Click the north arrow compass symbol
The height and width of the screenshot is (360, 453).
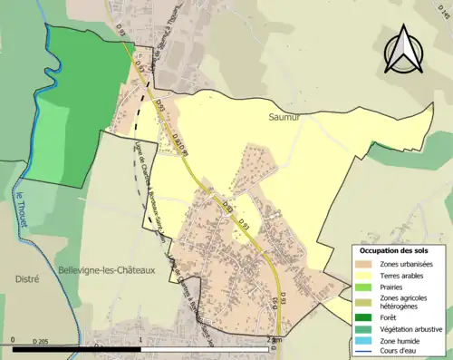pos(404,50)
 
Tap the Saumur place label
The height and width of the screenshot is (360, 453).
pos(284,117)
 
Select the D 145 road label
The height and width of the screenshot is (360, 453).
pos(444,11)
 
